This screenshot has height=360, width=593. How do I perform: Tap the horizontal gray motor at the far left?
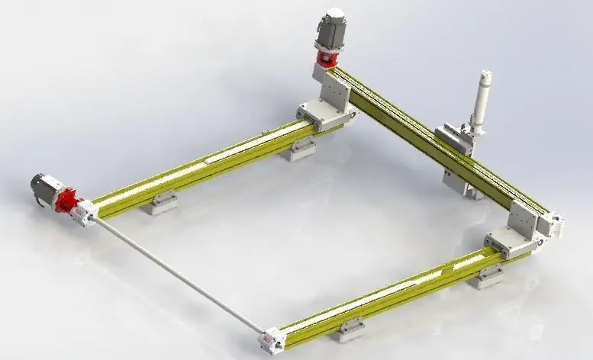[x=44, y=188]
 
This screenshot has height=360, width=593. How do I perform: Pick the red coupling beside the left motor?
[x=69, y=204]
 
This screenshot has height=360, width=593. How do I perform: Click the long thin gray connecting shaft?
[x=176, y=275]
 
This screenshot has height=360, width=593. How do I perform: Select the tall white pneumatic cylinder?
[x=481, y=103]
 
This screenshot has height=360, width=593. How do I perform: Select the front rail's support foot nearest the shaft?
[x=351, y=328]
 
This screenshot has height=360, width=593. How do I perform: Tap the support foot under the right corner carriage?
[x=486, y=275]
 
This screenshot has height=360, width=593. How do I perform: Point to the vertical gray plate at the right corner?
[x=524, y=222]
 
